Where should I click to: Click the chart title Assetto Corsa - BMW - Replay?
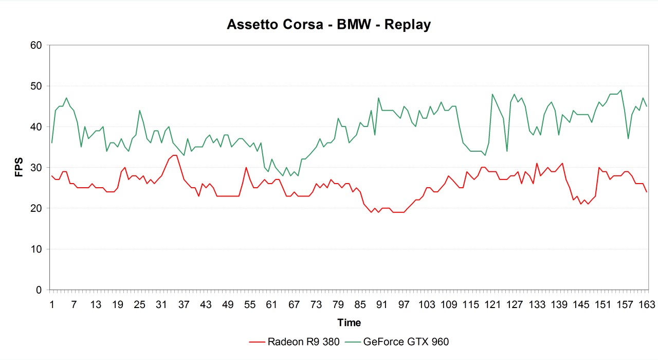coord(328,25)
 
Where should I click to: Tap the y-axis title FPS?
coord(19,168)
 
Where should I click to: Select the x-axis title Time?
coord(349,323)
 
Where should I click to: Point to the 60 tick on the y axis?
coord(35,45)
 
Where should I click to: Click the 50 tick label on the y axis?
coord(35,86)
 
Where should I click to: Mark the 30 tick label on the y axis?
coord(35,168)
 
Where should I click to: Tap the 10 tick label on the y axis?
coord(35,249)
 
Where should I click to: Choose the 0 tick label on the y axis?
coord(39,290)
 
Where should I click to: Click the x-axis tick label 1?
coord(52,305)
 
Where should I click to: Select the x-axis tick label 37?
coord(184,305)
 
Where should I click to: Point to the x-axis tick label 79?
coord(338,305)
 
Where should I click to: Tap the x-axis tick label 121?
coord(492,305)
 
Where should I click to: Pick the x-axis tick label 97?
coord(404,305)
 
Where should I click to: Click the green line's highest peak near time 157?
coord(620,90)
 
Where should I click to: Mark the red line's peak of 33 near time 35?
coord(175,155)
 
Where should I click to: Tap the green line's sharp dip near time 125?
coord(507,151)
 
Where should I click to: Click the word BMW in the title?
coord(354,25)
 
